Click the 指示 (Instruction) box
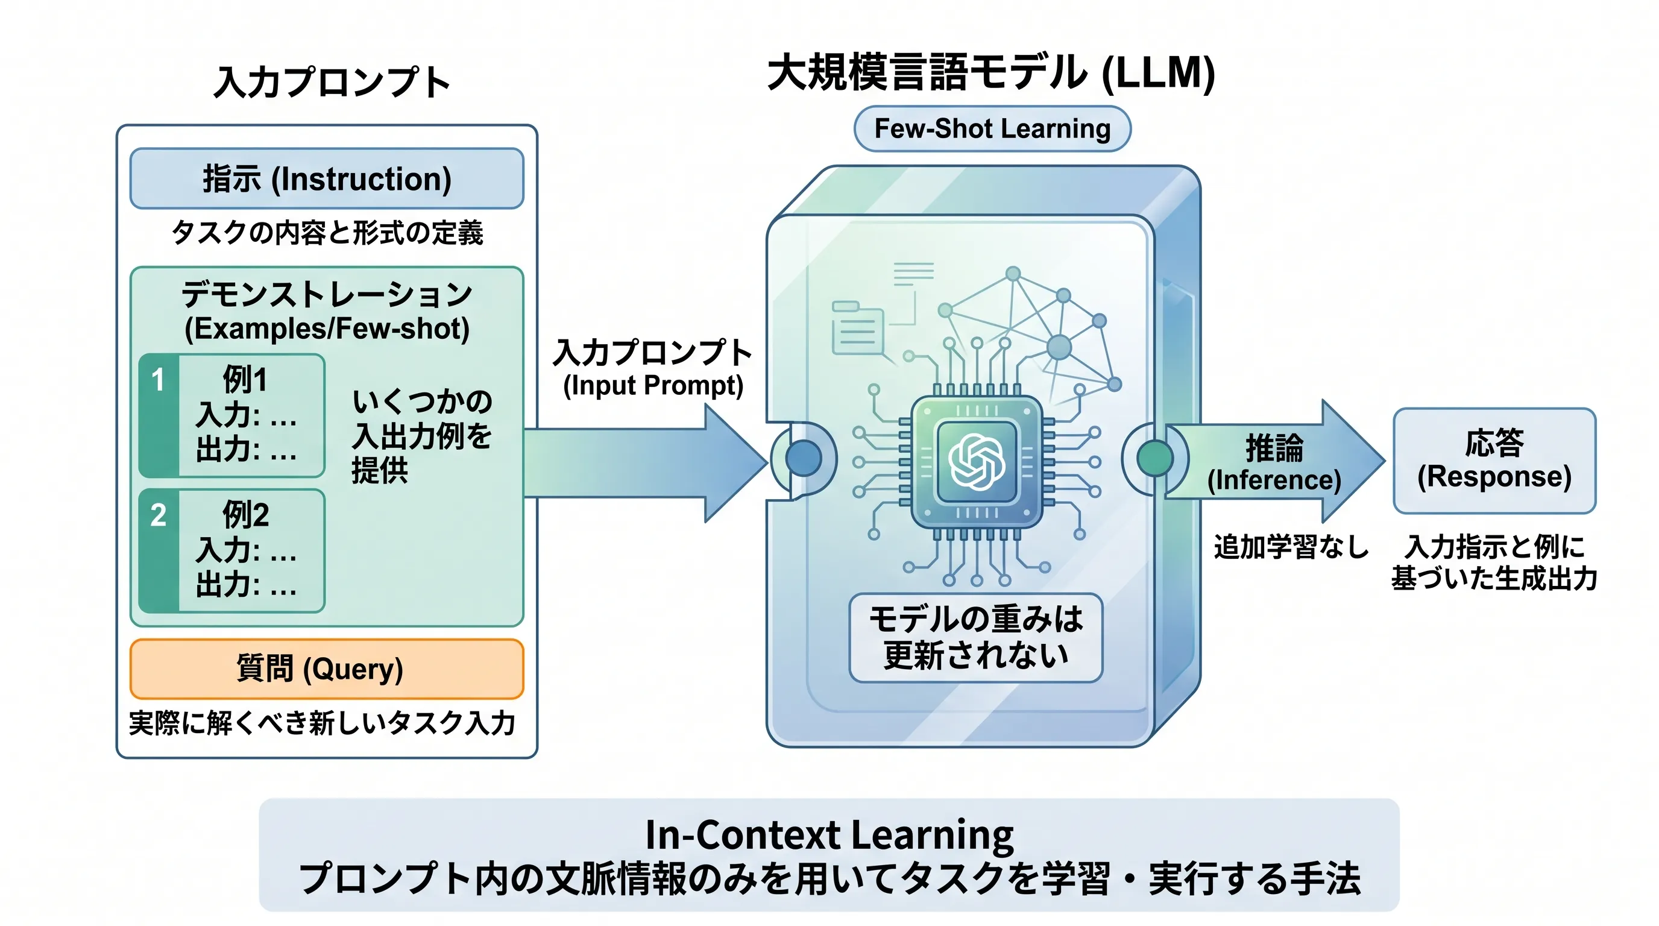tap(327, 178)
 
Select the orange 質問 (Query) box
tap(327, 669)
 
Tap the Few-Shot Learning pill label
tap(992, 129)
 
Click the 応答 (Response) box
tap(1494, 461)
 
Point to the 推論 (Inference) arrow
tap(1275, 461)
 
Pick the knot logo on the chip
tap(977, 462)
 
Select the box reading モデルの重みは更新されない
tap(976, 637)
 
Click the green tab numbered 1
tap(159, 415)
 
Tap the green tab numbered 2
tap(159, 550)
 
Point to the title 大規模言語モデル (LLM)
tap(991, 72)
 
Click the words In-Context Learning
tap(830, 834)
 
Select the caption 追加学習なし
tap(1291, 547)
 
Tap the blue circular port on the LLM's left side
tap(804, 458)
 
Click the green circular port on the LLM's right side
tap(1155, 458)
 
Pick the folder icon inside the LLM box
tap(857, 328)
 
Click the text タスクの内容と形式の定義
tap(327, 233)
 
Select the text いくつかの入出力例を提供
tap(422, 436)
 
